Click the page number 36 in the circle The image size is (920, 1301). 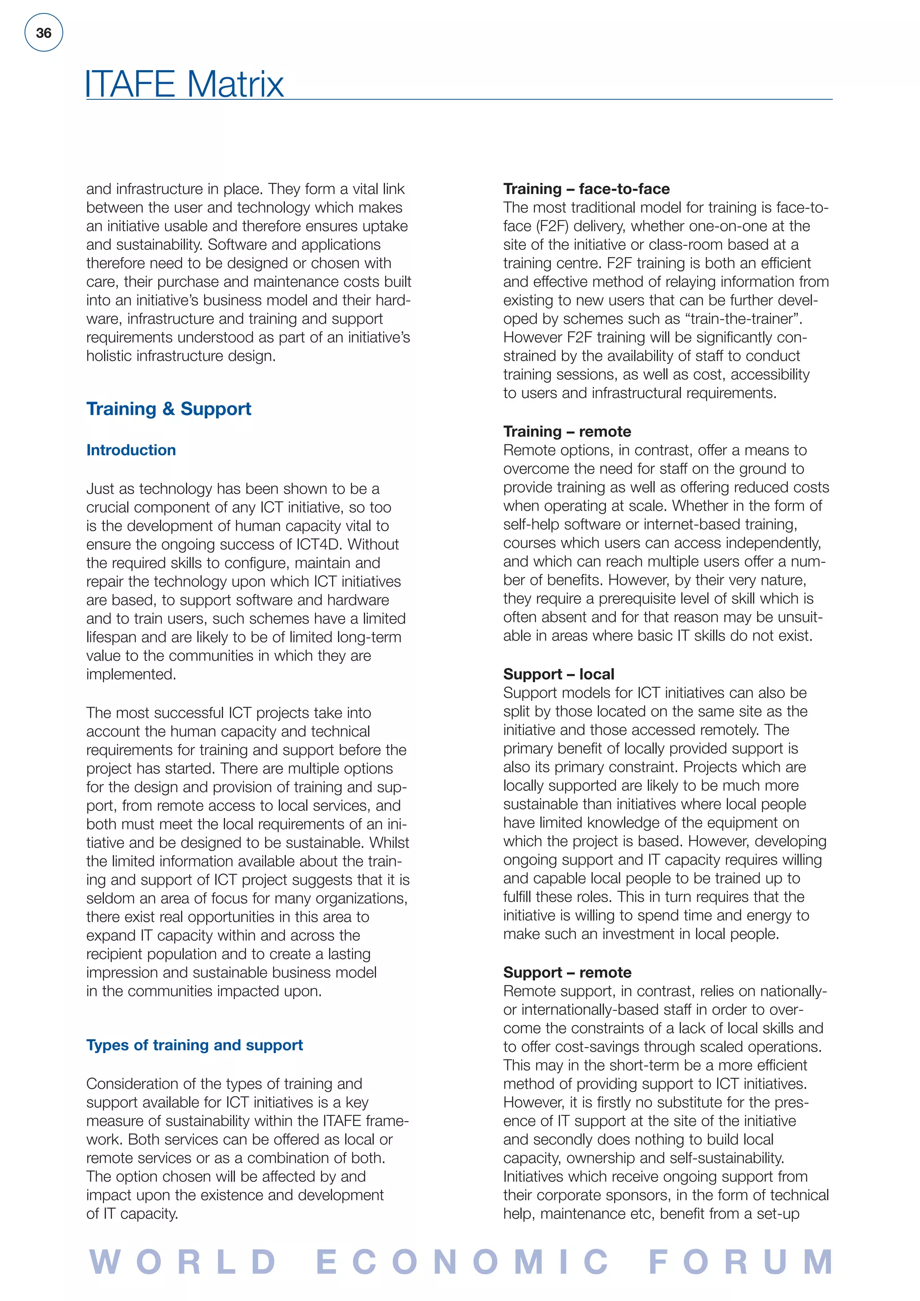pyautogui.click(x=44, y=33)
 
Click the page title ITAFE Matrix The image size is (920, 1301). pyautogui.click(x=184, y=84)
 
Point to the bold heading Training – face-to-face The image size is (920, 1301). pyautogui.click(x=586, y=189)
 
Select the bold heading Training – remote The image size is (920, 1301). pyautogui.click(x=567, y=431)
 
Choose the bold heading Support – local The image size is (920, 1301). pyautogui.click(x=558, y=674)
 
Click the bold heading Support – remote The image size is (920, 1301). pyautogui.click(x=567, y=972)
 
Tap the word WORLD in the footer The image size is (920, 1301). pyautogui.click(x=183, y=1261)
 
